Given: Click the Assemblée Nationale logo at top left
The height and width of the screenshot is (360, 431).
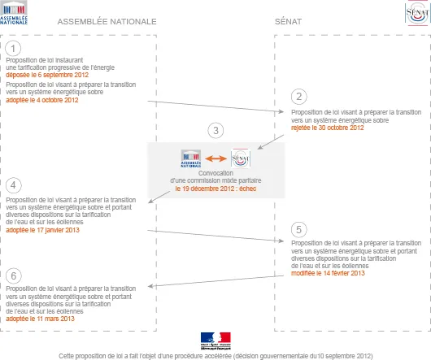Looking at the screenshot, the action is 14,13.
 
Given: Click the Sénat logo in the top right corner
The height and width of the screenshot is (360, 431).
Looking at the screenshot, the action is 417,13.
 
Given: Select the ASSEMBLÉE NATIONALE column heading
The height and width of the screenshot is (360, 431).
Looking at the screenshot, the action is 107,21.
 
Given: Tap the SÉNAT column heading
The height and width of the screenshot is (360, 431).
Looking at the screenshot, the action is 289,21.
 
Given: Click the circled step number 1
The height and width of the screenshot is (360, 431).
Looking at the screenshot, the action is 13,48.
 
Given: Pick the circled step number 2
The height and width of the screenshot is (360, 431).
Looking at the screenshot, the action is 299,97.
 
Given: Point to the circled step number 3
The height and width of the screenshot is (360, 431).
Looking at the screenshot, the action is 215,131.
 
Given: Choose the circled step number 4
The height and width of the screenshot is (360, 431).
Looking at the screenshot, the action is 14,185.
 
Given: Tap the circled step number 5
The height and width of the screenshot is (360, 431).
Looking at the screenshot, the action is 299,229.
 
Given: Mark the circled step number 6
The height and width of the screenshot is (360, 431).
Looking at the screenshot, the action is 14,275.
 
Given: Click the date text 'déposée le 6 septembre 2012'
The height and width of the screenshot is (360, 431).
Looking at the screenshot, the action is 47,75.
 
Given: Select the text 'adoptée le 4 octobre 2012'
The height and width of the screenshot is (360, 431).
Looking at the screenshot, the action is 42,100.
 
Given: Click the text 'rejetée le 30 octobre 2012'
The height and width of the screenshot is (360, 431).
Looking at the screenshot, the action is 328,128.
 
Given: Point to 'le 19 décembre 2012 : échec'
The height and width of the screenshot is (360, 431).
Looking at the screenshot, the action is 215,189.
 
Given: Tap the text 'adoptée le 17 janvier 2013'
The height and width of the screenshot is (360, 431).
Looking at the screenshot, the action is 42,230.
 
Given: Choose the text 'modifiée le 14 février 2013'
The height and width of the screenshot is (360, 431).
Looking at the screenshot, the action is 328,273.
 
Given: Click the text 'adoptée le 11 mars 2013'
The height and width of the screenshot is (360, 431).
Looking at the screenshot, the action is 40,319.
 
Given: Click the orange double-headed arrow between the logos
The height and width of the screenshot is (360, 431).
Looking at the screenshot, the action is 216,158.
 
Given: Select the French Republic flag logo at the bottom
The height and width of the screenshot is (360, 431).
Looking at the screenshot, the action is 215,341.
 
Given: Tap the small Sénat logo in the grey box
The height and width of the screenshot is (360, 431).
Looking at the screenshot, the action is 241,158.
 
